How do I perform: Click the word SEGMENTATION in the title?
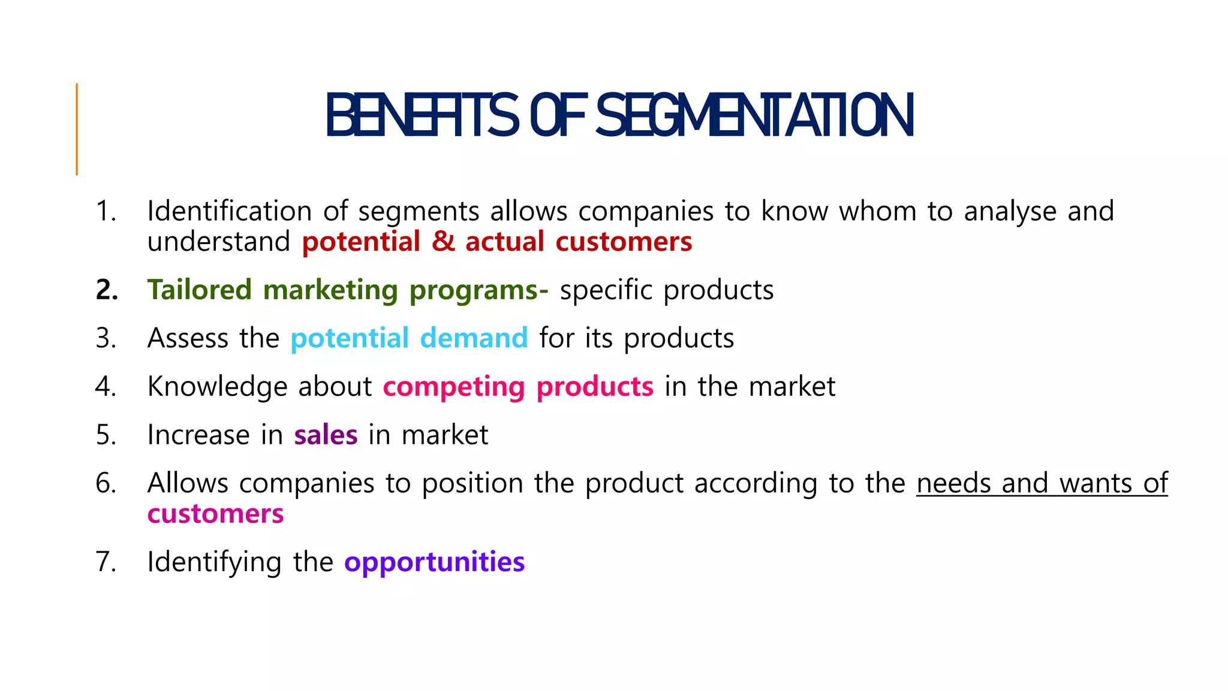[754, 115]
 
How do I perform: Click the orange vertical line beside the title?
[77, 129]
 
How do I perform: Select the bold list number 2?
[107, 290]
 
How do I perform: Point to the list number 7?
[106, 562]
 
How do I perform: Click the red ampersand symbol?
[443, 242]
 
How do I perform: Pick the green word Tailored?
[200, 290]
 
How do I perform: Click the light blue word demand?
[474, 338]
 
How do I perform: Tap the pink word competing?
[454, 387]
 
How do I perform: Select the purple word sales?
[326, 435]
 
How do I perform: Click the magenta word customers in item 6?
[215, 514]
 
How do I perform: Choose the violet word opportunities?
[434, 563]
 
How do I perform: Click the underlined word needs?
[953, 483]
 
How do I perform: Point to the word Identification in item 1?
[229, 211]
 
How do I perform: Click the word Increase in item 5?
[198, 435]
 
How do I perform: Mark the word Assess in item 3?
[188, 338]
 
